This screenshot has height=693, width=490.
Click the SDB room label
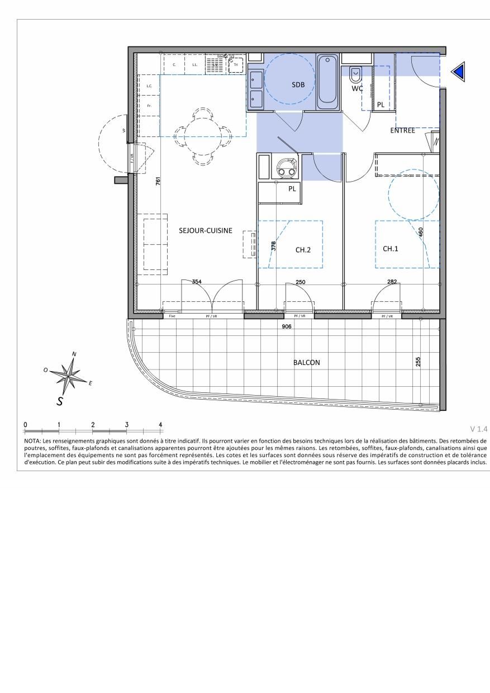(299, 84)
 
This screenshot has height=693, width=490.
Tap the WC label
(358, 88)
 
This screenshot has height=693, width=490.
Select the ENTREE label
(402, 130)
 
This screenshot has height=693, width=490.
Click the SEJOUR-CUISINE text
(205, 230)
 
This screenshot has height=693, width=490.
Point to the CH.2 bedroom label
(303, 250)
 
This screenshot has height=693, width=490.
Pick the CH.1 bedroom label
(391, 248)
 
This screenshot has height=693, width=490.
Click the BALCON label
(307, 362)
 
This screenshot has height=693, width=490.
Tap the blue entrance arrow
(459, 72)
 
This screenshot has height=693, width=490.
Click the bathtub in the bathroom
(327, 82)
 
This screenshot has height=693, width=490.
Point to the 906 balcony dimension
(287, 326)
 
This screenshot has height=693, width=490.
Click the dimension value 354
(197, 282)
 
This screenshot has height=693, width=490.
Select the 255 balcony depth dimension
(418, 362)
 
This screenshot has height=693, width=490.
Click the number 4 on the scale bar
(161, 425)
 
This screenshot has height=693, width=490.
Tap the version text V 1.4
(479, 429)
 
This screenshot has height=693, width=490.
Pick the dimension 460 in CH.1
(421, 232)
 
